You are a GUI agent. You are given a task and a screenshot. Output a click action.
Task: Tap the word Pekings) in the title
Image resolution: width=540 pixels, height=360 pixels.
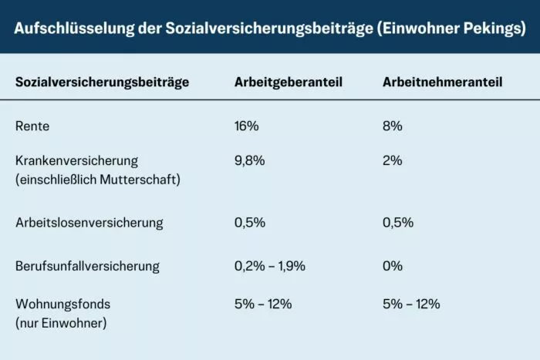coord(496,29)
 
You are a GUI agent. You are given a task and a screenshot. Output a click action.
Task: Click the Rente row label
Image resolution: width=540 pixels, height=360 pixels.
coord(32,126)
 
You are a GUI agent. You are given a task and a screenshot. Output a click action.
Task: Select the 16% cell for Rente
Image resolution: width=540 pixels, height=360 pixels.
coord(248,126)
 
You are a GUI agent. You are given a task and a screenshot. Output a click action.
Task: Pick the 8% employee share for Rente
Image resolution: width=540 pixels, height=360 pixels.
coord(393,126)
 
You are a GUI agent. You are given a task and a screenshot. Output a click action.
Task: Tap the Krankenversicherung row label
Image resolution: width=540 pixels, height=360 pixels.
coord(76,161)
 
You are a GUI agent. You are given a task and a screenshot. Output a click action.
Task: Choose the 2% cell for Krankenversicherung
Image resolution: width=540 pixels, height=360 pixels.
coord(393,161)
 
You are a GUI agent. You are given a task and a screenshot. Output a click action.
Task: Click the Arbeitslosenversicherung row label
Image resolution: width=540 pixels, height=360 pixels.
coord(89,223)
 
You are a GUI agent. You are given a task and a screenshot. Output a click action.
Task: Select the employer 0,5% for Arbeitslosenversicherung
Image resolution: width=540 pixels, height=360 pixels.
coord(250,223)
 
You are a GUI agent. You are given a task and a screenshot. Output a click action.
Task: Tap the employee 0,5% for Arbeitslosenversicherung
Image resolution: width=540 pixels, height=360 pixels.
coord(398,223)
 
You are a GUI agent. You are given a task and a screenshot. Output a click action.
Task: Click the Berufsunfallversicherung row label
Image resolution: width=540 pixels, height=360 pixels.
coord(87,266)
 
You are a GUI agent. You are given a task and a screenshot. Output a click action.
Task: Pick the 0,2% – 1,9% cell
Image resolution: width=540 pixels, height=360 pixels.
coord(270,266)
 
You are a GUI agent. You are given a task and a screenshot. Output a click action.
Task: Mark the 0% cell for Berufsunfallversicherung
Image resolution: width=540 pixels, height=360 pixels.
coord(393,266)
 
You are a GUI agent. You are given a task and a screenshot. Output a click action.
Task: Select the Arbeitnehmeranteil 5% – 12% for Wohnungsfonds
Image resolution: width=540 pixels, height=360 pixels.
coord(411,304)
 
